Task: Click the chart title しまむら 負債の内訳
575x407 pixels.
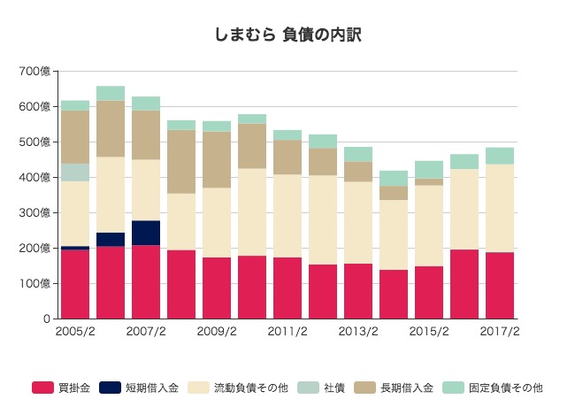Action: coord(287,36)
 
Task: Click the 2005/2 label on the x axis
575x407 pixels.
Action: coord(74,332)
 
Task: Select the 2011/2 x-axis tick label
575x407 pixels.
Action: coord(287,332)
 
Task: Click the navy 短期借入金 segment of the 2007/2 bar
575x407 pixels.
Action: coord(146,233)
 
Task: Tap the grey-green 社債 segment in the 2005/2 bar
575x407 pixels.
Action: coord(75,172)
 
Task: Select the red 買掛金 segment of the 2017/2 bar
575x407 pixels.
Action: coord(500,285)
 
